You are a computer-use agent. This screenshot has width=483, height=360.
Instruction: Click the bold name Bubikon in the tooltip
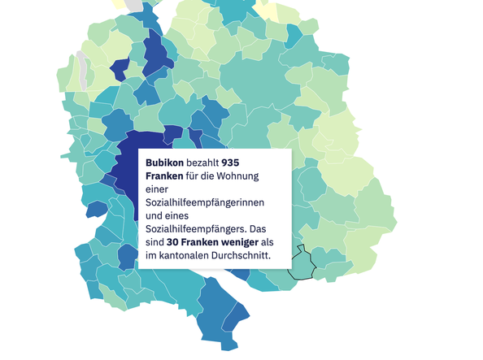point(166,163)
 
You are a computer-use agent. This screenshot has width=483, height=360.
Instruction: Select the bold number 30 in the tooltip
point(173,242)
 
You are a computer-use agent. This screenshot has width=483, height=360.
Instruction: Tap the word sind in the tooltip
point(154,242)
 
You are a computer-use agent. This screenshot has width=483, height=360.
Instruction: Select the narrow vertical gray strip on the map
point(81,72)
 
